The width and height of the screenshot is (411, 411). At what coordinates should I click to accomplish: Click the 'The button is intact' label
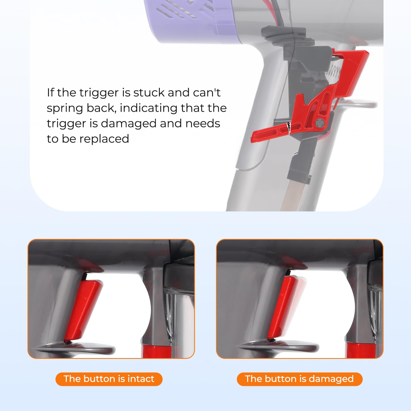109,379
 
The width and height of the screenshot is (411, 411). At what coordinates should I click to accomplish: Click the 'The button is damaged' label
299,379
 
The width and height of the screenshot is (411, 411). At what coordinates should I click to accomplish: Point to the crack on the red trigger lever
289,128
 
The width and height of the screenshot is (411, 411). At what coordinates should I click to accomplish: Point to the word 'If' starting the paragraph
50,93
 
